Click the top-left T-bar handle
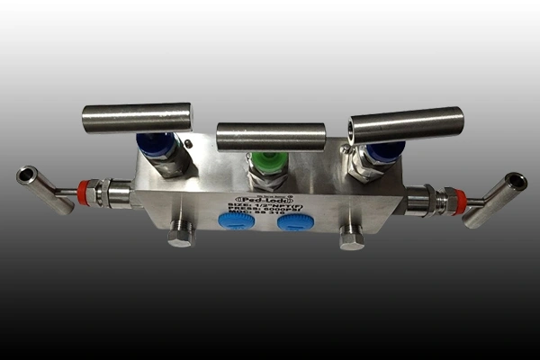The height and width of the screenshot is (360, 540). [137, 116]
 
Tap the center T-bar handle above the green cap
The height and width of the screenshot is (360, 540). [271, 136]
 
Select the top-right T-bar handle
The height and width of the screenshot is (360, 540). [407, 124]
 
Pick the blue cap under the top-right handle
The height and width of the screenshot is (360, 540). [386, 150]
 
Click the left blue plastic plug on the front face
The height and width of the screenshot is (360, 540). [237, 221]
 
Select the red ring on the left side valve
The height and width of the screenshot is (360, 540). [84, 192]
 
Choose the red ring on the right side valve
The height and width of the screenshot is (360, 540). [462, 202]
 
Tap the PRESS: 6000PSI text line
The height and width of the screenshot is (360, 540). [261, 212]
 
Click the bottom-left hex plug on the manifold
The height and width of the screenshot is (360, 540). [181, 236]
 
